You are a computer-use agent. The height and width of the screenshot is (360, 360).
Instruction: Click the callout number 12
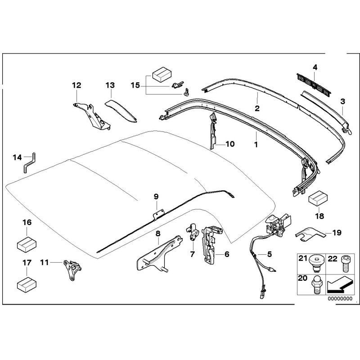pos(76,85)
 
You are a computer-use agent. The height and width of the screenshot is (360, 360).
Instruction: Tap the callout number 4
pos(315,67)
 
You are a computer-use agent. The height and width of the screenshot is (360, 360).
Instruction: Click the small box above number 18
pos(317,198)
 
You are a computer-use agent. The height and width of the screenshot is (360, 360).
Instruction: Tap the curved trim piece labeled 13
pos(122,111)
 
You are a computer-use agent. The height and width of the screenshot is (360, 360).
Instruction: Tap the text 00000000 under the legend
pos(339,298)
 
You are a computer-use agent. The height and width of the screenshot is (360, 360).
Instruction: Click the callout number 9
pos(156,196)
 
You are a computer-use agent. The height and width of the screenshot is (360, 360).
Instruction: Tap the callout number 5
pos(270,254)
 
